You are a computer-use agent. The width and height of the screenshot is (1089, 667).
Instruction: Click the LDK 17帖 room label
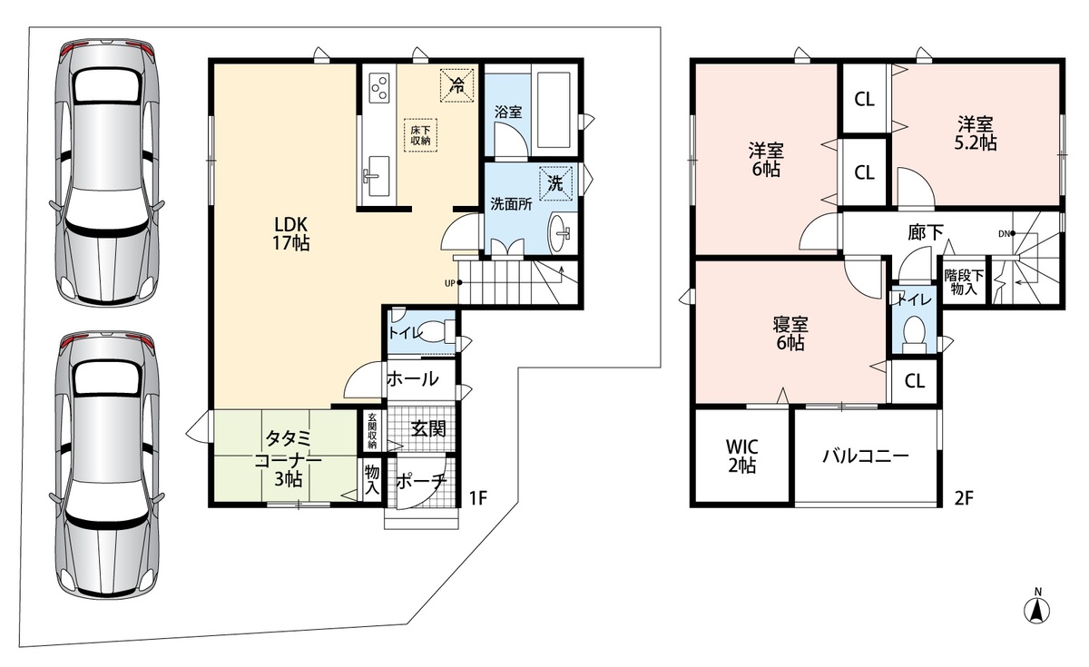click(x=291, y=233)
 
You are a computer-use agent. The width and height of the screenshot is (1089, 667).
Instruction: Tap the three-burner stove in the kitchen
click(x=379, y=87)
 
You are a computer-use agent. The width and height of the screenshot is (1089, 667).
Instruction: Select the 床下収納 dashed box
click(x=420, y=135)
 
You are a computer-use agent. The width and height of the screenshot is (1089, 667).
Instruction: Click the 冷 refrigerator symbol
click(x=456, y=85)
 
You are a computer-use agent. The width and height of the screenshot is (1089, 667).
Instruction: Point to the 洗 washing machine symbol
click(x=555, y=182)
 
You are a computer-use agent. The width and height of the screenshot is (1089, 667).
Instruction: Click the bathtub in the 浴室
click(x=554, y=110)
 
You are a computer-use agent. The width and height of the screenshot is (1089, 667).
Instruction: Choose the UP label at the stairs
click(x=449, y=283)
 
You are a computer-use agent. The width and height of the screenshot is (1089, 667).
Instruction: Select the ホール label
click(x=413, y=378)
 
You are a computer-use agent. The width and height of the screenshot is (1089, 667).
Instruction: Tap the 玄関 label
click(x=428, y=428)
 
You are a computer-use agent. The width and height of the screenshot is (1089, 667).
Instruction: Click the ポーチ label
click(x=421, y=482)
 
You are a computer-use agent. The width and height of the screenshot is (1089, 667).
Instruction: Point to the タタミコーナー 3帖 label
click(x=289, y=458)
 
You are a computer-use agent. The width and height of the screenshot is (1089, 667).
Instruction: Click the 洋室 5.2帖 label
click(x=976, y=133)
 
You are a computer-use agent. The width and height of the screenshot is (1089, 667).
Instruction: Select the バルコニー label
click(x=866, y=456)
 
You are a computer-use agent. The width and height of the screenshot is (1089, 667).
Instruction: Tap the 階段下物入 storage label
click(x=964, y=282)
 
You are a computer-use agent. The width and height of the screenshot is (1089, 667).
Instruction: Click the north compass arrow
click(x=1036, y=611)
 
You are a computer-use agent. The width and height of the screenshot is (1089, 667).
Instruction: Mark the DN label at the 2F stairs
click(x=1004, y=234)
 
